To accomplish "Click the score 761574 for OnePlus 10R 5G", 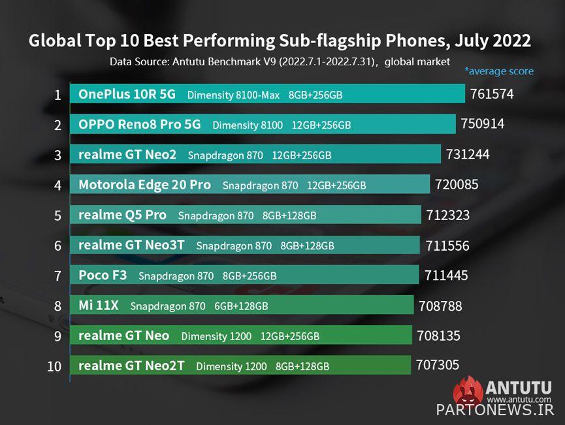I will tap(492, 94).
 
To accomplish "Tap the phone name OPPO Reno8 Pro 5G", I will tap(140, 124).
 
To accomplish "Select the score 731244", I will tap(468, 155).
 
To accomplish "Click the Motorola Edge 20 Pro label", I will tap(144, 185).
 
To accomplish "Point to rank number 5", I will tap(57, 215).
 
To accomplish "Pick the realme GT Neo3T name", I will tap(131, 245).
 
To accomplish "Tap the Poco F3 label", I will tap(103, 275).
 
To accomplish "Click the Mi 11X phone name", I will tap(99, 306).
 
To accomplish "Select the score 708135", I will tap(438, 336).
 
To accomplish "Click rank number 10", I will tap(54, 366).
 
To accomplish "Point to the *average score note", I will tap(499, 71).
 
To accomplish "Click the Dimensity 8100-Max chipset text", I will tap(233, 95).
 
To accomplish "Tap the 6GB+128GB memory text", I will tap(241, 306).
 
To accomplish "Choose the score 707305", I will tap(437, 365).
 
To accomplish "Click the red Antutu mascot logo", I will tap(468, 392).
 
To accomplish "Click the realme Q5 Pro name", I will tap(122, 215).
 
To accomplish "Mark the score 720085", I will tap(457, 185).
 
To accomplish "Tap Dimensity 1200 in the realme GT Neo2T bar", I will tap(231, 366).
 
